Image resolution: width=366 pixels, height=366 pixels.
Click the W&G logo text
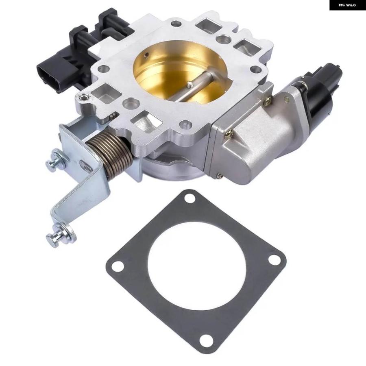pos(347,5)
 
